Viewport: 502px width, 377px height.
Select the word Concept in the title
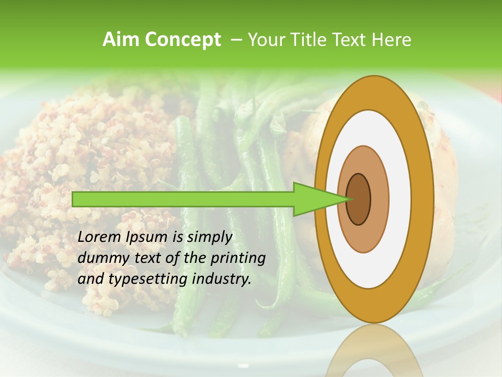tap(182, 40)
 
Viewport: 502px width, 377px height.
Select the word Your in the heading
tap(265, 40)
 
